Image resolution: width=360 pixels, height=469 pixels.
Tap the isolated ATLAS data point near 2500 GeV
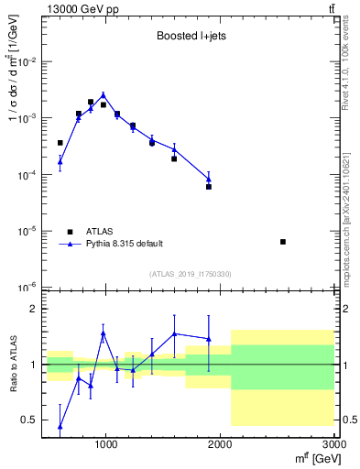[283, 242]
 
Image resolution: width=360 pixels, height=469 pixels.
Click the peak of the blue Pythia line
[104, 94]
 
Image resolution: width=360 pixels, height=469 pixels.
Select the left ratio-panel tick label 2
[33, 309]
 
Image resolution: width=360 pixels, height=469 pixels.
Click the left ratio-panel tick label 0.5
[29, 420]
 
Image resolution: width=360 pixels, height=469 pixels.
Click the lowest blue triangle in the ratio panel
[60, 426]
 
